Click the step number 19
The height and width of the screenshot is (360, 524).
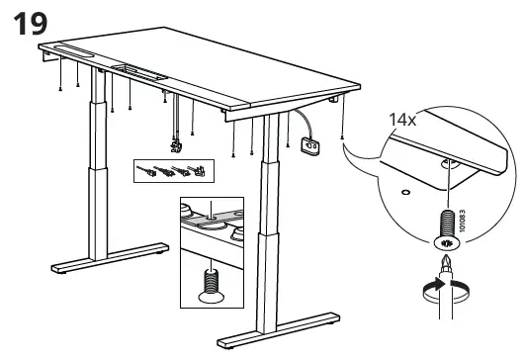pos(31,23)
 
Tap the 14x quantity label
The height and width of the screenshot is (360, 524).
pos(402,120)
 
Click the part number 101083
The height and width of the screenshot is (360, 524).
pos(462,221)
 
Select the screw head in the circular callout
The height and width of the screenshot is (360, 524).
pos(446,243)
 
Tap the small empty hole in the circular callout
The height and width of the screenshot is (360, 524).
pos(405,192)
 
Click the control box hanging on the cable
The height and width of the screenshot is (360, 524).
pos(309,146)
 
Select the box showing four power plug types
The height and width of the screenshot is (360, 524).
pos(174,171)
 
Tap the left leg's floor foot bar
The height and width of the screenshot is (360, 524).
pos(110,258)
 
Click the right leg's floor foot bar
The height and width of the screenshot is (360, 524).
pos(279,330)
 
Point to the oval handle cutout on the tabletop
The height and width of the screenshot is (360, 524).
pos(73,50)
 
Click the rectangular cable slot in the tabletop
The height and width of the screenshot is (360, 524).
pos(139,72)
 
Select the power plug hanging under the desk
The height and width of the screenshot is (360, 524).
pos(176,146)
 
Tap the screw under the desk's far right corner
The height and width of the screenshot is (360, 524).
pos(341,137)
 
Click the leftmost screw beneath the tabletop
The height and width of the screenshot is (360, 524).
pos(60,89)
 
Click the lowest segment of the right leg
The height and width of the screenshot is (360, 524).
pos(267,284)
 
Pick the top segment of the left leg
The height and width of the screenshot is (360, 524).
pos(98,85)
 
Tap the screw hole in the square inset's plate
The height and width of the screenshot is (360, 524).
pos(211,218)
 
